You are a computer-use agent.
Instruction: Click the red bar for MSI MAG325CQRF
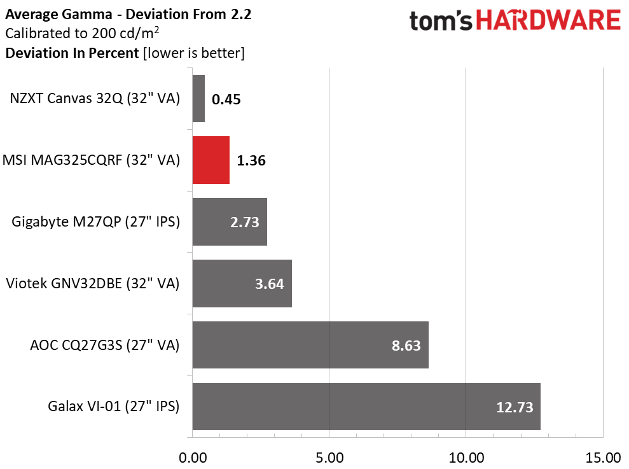coord(211,160)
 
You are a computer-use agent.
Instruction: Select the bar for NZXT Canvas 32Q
coord(198,99)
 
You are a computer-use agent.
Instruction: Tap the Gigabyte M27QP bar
coord(230,221)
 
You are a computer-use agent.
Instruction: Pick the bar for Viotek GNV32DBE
coord(242,283)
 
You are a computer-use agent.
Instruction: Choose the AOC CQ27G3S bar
coord(310,345)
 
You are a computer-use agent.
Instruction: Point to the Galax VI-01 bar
coord(366,407)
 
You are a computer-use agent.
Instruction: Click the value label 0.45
coord(226,99)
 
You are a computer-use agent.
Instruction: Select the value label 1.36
coord(251,160)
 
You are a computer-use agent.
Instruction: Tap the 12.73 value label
coord(515,407)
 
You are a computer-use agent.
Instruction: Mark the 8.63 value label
coord(406,346)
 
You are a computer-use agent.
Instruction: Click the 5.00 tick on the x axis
coord(329,458)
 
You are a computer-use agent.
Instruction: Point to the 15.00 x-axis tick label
coord(603,458)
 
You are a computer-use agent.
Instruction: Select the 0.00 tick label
coord(193,458)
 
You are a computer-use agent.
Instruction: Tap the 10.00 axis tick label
coord(466,458)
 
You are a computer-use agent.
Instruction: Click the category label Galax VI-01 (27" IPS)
coord(113,407)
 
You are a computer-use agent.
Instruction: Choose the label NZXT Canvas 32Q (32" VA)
coord(95,99)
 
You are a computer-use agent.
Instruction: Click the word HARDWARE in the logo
coord(548,20)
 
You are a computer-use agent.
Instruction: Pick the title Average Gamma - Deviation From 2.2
coord(128,15)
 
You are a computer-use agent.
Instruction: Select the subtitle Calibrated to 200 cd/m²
coord(82,33)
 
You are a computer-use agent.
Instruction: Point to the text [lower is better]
coord(194,53)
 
